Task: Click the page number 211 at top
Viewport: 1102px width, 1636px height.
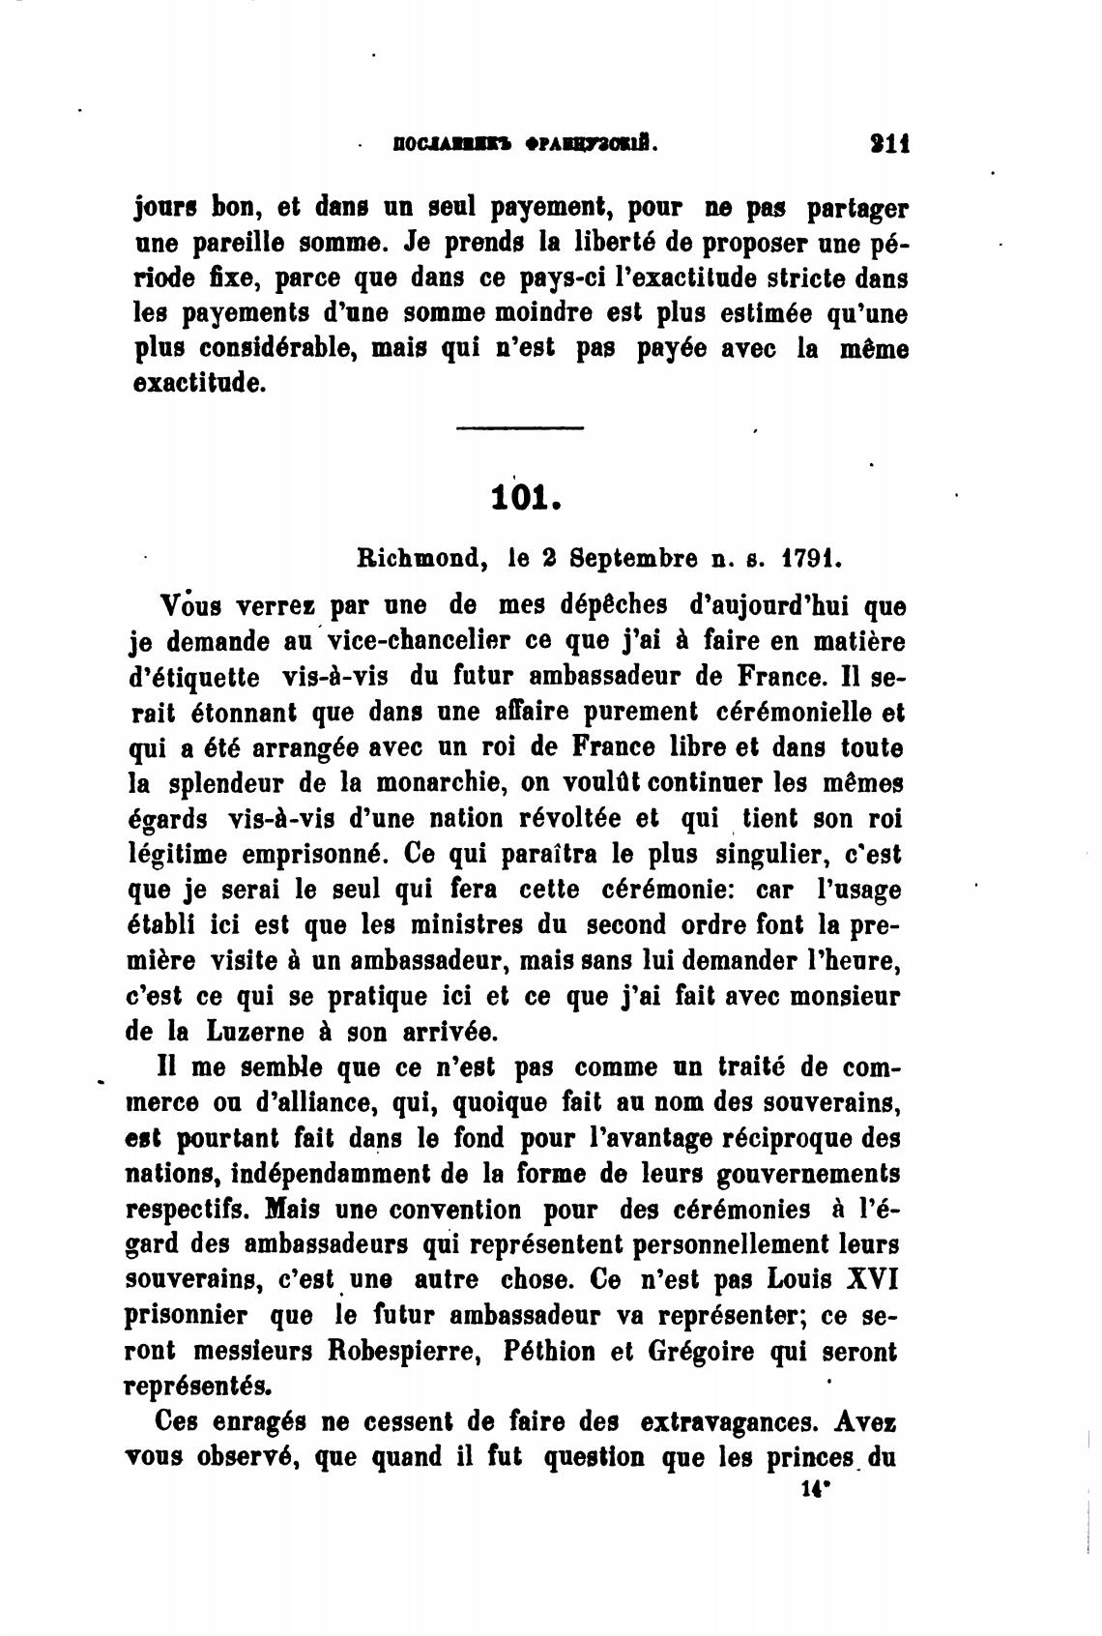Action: click(x=888, y=145)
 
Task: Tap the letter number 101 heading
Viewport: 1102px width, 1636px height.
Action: click(x=526, y=497)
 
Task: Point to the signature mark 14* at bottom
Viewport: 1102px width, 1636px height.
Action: click(x=816, y=1490)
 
